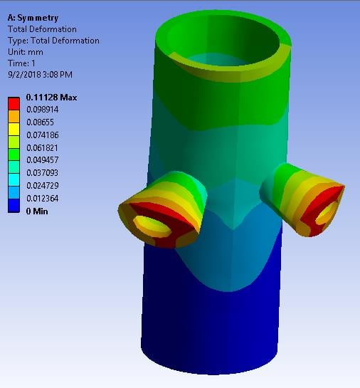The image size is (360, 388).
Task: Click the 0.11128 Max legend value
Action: (51, 98)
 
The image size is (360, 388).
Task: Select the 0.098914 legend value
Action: (43, 110)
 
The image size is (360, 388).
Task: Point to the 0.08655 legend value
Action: (40, 122)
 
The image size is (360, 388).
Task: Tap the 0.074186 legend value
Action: (43, 135)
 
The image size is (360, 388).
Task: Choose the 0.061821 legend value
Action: (42, 148)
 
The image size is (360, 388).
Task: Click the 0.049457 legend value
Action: (43, 160)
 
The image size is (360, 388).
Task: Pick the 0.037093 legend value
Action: (42, 173)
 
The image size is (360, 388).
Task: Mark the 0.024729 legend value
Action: (43, 186)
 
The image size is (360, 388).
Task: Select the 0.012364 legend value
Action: (43, 199)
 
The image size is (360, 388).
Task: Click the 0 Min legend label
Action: (37, 211)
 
